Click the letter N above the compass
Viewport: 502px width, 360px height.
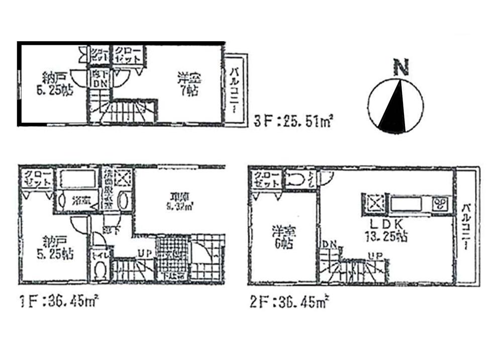(400, 67)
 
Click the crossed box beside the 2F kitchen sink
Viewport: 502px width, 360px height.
(373, 204)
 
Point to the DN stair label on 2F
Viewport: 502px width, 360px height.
(329, 244)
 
